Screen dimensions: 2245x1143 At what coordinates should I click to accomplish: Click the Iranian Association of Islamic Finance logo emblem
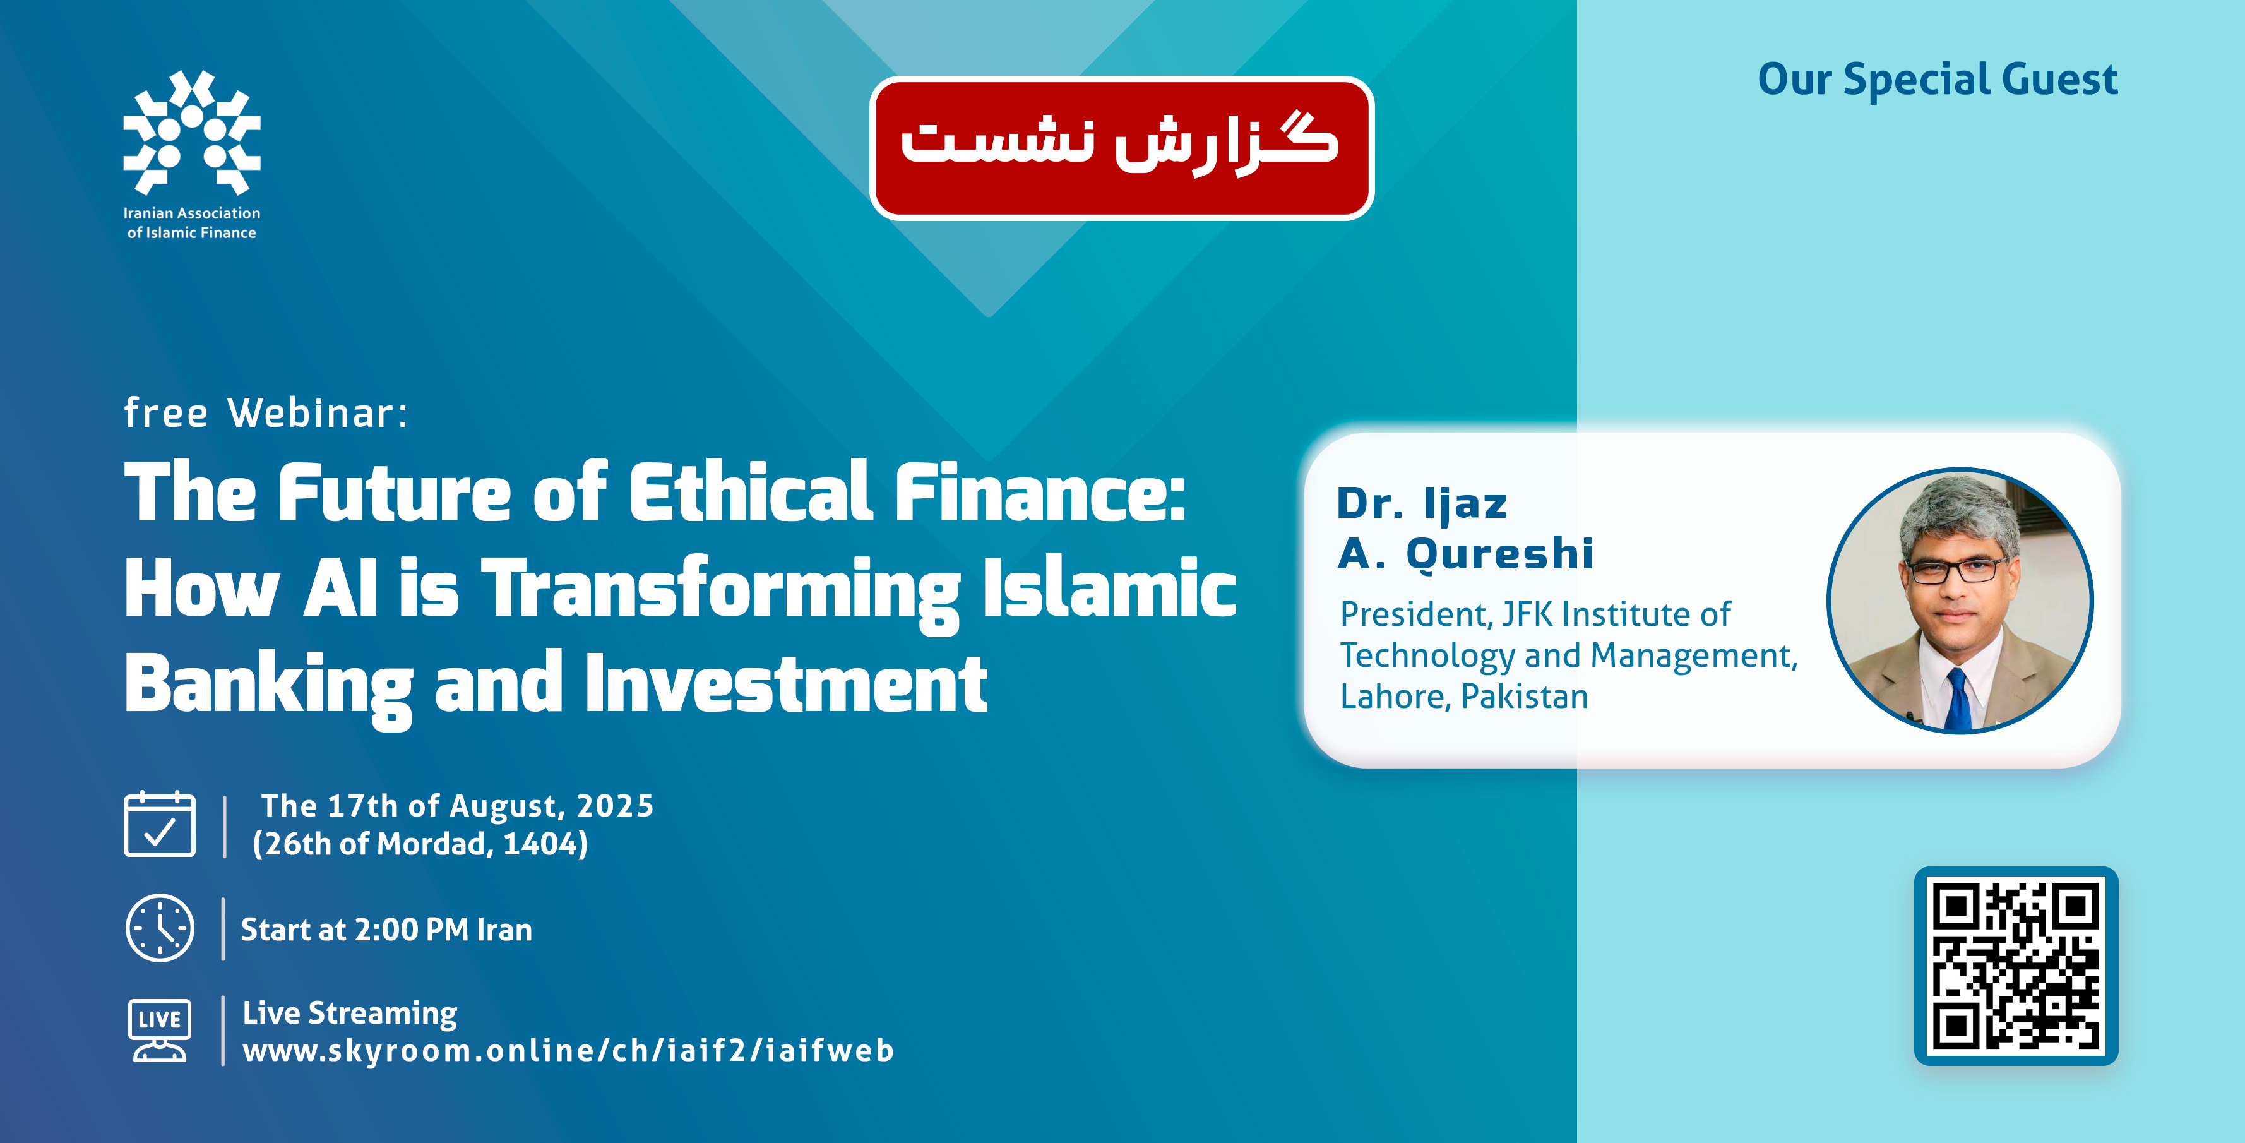coord(192,133)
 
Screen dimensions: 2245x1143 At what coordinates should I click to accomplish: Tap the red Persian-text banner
coord(1122,148)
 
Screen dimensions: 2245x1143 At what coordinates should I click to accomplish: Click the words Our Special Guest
coord(1938,80)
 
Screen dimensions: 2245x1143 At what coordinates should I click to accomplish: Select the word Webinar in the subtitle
coord(317,412)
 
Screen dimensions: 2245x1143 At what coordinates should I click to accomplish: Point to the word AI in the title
coord(341,588)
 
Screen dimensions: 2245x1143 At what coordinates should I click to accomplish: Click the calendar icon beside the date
coord(160,824)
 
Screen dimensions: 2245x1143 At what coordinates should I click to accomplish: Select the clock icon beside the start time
coord(160,928)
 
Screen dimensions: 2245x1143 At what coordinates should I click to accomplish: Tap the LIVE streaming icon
coord(160,1030)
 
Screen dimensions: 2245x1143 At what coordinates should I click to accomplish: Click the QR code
coord(2016,966)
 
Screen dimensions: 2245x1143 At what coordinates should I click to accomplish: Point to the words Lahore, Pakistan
coord(1464,697)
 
